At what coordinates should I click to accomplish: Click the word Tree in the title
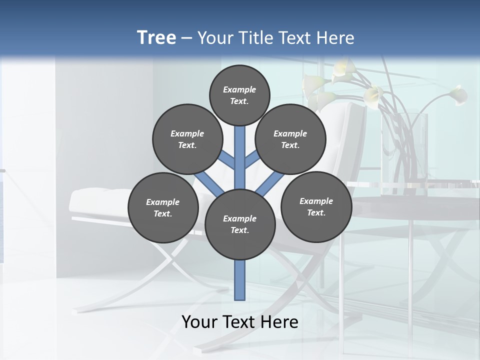pos(156,37)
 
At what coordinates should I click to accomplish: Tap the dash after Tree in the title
pos(187,38)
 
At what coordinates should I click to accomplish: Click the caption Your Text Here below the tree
pos(240,322)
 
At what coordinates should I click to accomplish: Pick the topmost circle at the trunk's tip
pos(239,95)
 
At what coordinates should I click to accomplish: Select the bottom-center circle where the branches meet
pos(240,224)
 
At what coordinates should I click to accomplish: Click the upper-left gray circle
pos(187,139)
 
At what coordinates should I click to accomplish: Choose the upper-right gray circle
pos(290,139)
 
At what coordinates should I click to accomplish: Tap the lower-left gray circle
pos(163,207)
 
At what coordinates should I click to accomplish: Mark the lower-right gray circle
pos(316,206)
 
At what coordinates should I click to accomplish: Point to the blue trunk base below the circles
pos(240,280)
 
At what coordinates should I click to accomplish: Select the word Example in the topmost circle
pos(239,89)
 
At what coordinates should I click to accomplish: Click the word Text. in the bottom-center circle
pos(239,230)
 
